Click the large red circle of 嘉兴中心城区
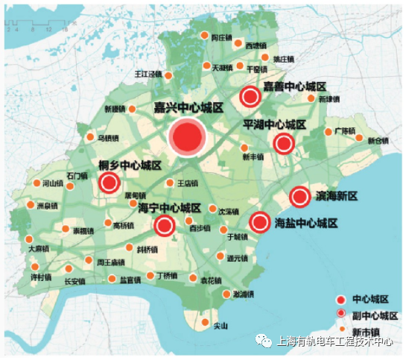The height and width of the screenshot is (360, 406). [x=186, y=137]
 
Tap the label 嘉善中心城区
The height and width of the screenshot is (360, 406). [x=295, y=87]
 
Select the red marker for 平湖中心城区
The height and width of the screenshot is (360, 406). [x=283, y=144]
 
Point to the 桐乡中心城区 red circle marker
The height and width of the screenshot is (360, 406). [x=110, y=183]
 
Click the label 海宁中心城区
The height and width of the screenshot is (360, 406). [x=171, y=208]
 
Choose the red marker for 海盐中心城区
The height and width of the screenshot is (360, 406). [x=259, y=222]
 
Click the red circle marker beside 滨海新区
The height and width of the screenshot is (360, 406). [x=299, y=197]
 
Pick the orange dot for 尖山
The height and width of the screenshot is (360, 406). [x=205, y=321]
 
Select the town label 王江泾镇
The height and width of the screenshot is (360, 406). [x=148, y=75]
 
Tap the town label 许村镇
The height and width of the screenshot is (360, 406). [x=40, y=277]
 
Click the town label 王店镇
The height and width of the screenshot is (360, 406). [x=187, y=183]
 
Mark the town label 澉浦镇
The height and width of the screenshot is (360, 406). [x=244, y=294]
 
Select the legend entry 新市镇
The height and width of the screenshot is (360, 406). [x=373, y=329]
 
